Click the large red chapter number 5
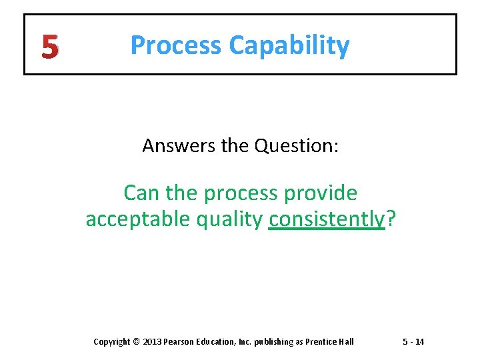point(49,46)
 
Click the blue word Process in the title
point(176,45)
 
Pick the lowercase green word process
point(242,194)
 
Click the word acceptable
point(137,219)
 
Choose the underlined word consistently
point(327,219)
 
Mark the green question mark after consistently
point(391,219)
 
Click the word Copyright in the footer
point(112,342)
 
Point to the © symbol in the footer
point(137,342)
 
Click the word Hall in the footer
point(347,342)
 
